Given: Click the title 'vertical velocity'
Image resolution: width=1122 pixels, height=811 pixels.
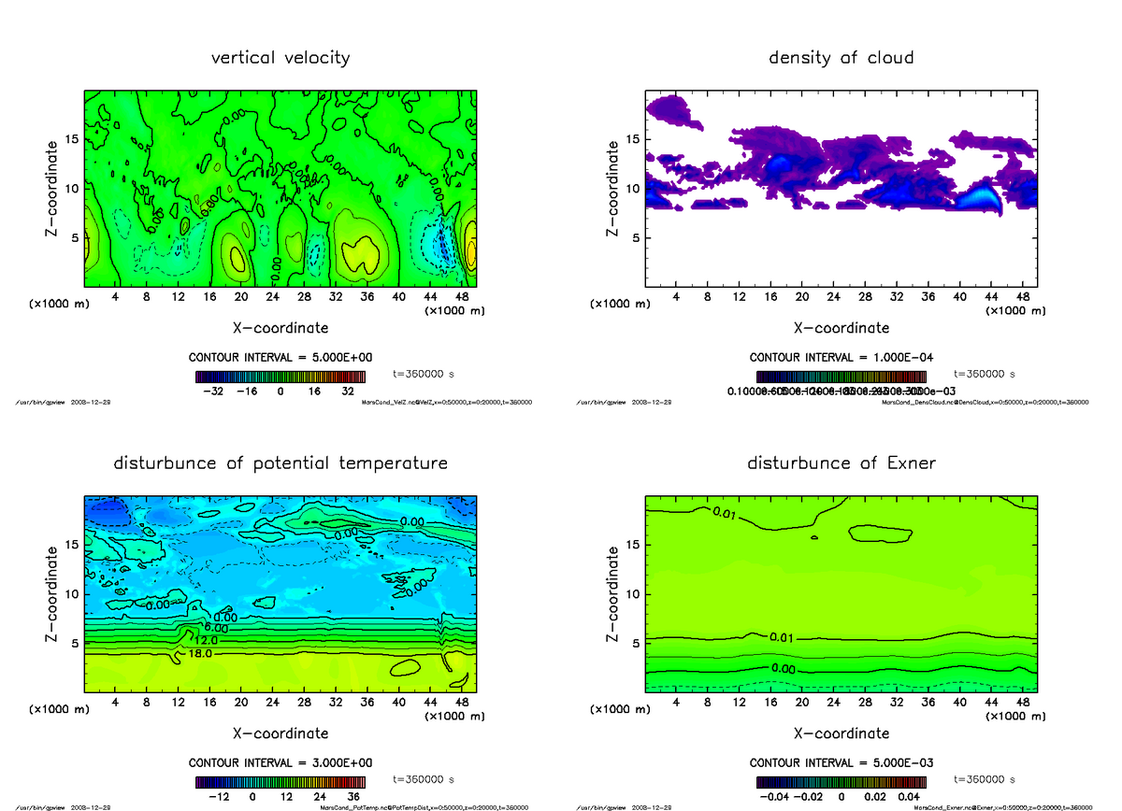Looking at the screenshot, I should (x=280, y=58).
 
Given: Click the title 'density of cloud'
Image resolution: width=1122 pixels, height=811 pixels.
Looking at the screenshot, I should (x=841, y=58).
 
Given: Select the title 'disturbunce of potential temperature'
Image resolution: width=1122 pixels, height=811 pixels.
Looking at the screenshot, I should (x=280, y=463).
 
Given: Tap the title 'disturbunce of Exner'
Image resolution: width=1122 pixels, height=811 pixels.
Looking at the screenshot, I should (x=841, y=463).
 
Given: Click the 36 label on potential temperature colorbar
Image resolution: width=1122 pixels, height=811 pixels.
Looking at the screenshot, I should (x=354, y=797).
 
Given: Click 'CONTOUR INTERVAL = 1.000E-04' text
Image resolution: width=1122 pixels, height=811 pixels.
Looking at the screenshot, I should (x=841, y=358).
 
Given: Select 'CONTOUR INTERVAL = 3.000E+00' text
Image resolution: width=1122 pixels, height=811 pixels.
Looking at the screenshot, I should (x=280, y=762).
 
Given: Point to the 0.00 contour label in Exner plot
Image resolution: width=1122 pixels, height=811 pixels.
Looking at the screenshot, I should (x=784, y=669).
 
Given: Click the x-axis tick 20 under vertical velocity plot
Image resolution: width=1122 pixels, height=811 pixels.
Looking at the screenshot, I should (x=241, y=297).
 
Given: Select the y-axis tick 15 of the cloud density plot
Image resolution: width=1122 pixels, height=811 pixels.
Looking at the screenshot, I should (x=632, y=139).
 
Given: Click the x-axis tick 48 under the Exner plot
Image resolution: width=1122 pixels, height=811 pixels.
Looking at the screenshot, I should (x=1022, y=702).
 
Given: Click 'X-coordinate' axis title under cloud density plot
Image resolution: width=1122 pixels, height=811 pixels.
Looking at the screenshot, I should (x=841, y=328).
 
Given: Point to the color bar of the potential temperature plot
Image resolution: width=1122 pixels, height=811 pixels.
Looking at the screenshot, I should (x=280, y=782).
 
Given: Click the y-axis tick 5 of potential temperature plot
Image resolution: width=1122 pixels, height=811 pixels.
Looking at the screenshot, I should (x=75, y=643).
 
